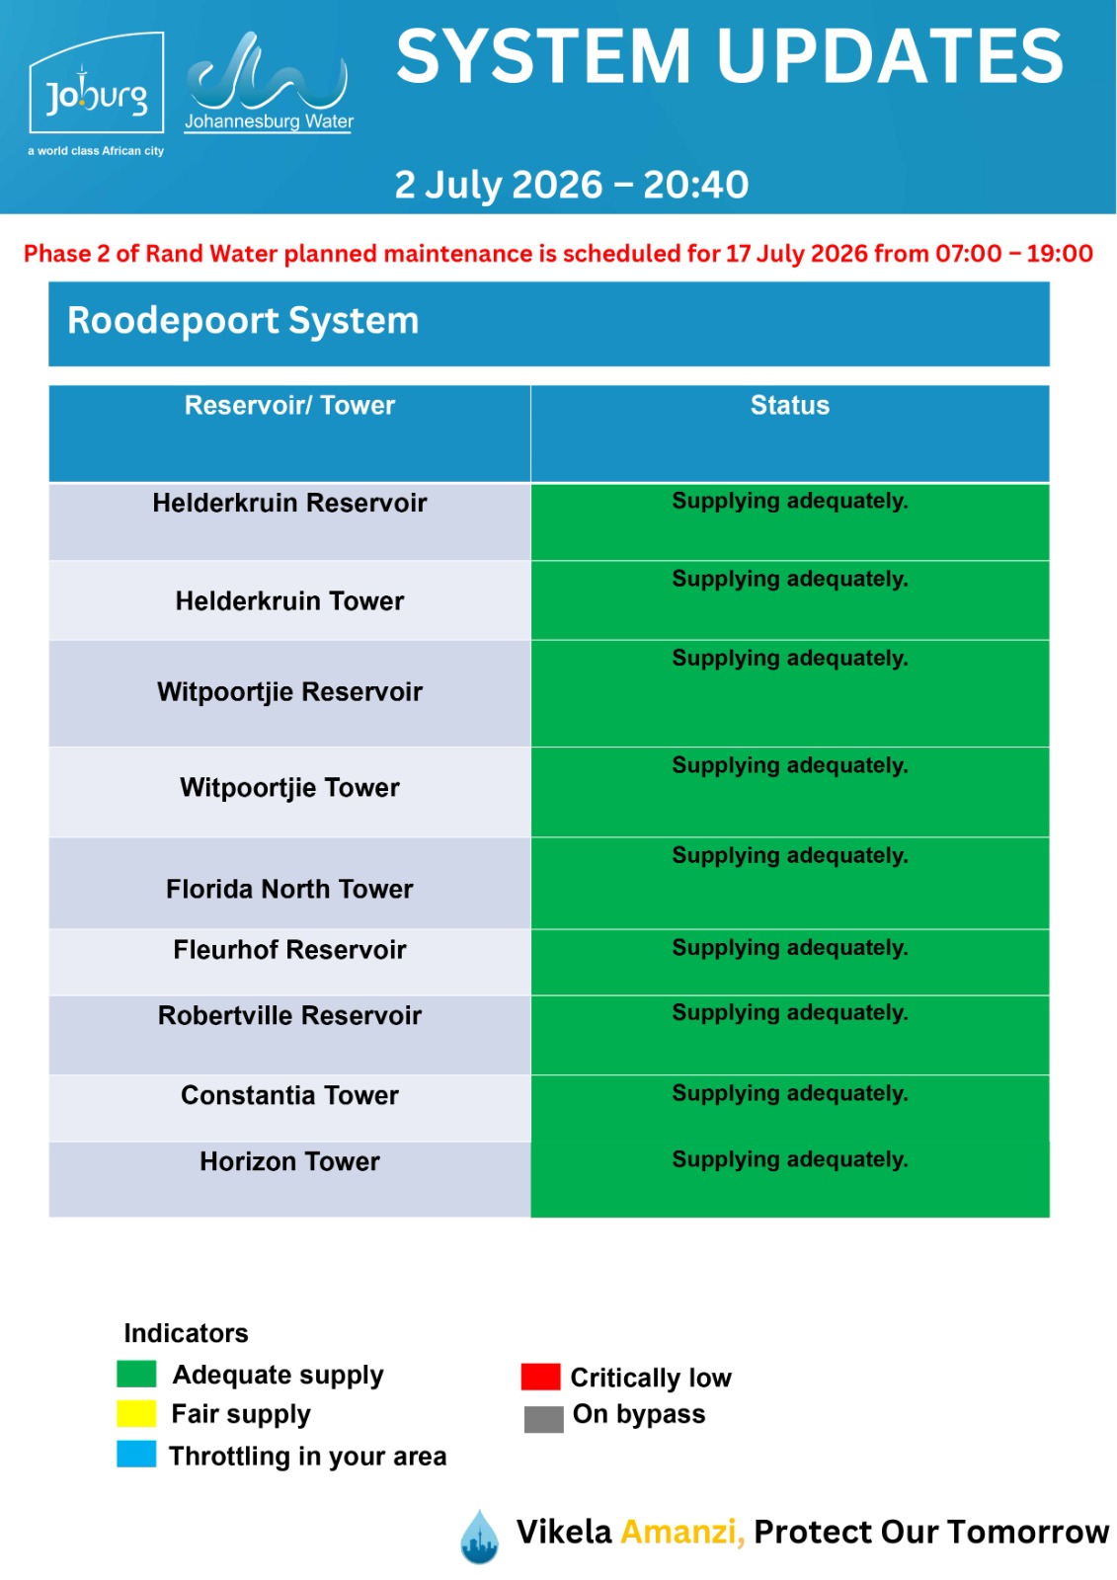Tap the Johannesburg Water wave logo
[x=269, y=82]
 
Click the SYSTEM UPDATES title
[x=730, y=56]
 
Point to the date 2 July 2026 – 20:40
[x=571, y=185]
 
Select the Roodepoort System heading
[x=243, y=321]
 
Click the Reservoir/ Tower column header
[x=289, y=406]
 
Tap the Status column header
[x=789, y=406]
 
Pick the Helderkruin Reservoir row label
[x=289, y=503]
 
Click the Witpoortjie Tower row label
[x=289, y=788]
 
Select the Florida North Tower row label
[x=289, y=889]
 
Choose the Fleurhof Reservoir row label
[x=289, y=950]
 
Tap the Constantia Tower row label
[x=289, y=1095]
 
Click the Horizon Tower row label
[x=289, y=1161]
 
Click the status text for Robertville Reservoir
[x=789, y=1013]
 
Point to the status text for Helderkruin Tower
[x=789, y=579]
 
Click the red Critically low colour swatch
[x=540, y=1377]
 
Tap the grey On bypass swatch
[x=544, y=1419]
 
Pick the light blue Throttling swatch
[x=136, y=1455]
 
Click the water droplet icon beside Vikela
[x=479, y=1537]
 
